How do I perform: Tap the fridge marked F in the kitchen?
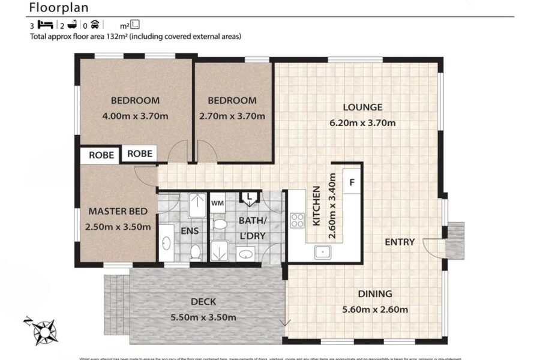(x=352, y=182)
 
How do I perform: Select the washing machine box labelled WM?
(x=217, y=202)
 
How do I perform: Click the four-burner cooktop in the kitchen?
(x=297, y=220)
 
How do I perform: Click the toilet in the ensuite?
(x=195, y=251)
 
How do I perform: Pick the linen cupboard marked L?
(x=248, y=196)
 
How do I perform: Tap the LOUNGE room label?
(x=362, y=107)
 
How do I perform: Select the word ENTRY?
(x=400, y=242)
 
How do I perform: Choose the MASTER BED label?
(x=115, y=211)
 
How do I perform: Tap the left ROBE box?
(x=101, y=155)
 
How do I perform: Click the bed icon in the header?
(x=46, y=25)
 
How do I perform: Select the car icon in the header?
(x=94, y=25)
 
